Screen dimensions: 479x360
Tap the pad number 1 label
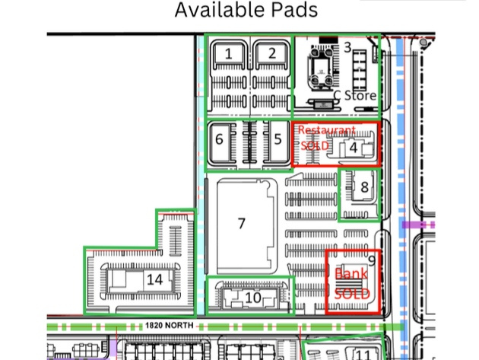[x=229, y=54]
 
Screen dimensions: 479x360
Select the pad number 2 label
[x=272, y=53]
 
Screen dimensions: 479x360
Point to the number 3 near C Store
[x=347, y=47]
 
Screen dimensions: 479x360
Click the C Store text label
[x=354, y=95]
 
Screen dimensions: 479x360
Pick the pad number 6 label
[x=219, y=139]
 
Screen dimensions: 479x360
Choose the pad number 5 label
[x=278, y=139]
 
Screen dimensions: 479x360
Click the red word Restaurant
[x=327, y=130]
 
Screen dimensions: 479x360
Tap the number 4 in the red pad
[x=354, y=148]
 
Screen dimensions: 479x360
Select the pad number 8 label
[x=364, y=187]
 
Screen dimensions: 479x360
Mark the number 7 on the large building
[x=242, y=224]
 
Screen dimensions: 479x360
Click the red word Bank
[x=351, y=274]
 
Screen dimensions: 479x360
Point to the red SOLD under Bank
[x=352, y=294]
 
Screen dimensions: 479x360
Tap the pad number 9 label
[x=372, y=261]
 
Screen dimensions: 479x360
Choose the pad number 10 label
[x=253, y=298]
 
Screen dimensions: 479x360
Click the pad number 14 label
[x=155, y=279]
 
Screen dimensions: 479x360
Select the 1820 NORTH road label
[x=170, y=326]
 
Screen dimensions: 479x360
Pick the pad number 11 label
[x=363, y=355]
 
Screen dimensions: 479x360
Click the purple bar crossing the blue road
[x=418, y=225]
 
